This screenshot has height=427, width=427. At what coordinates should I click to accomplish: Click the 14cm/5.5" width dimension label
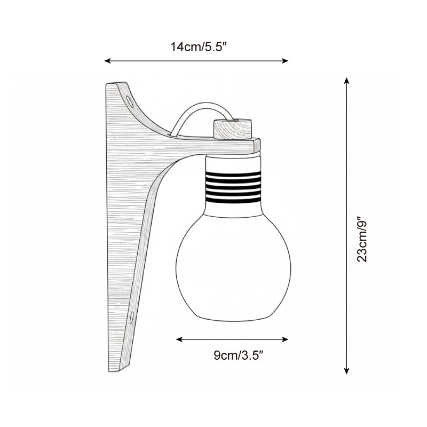(199, 47)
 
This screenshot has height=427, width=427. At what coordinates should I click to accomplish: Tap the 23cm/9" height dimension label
(362, 239)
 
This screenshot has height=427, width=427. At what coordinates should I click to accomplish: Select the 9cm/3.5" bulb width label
(238, 355)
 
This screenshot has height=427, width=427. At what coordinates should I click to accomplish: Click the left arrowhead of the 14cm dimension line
(108, 61)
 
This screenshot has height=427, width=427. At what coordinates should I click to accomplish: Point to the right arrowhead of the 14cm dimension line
(285, 61)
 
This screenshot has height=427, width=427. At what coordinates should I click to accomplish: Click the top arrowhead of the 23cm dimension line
(346, 81)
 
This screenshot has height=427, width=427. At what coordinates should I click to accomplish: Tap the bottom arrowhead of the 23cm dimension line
(346, 371)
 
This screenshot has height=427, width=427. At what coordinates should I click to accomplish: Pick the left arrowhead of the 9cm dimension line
(179, 339)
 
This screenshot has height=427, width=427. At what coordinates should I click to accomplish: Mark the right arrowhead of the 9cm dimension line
(285, 339)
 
